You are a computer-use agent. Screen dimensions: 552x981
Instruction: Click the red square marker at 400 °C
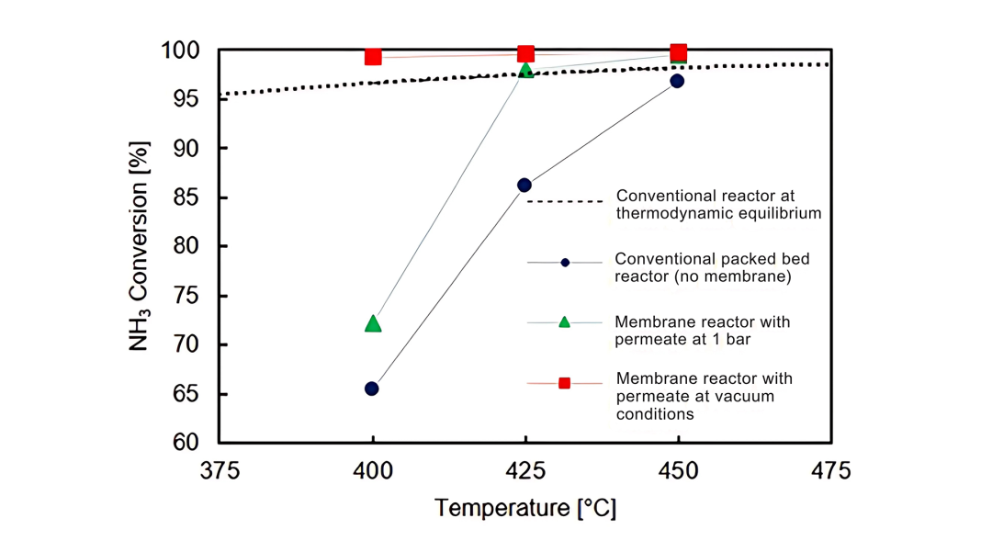(x=373, y=57)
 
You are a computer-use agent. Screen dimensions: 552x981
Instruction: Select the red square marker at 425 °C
(x=525, y=54)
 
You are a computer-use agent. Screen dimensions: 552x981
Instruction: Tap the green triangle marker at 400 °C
(x=373, y=323)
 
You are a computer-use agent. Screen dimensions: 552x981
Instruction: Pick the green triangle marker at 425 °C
(x=525, y=70)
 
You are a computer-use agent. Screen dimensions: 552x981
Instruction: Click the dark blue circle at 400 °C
(x=372, y=389)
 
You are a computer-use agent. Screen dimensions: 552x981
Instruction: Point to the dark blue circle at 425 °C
(x=524, y=186)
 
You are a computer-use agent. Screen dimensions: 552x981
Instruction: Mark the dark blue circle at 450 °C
(x=677, y=81)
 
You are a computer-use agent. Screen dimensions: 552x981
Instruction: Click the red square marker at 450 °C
(x=678, y=52)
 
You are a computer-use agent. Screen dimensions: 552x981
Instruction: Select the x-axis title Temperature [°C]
(x=524, y=508)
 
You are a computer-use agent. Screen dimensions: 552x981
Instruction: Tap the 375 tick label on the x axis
(x=220, y=472)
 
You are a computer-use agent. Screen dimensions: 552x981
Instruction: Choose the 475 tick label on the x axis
(x=830, y=472)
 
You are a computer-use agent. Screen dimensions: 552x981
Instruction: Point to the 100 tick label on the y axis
(x=182, y=51)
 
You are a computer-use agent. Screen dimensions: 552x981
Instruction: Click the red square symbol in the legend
(x=564, y=383)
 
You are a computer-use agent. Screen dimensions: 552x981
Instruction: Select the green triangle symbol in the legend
(x=564, y=322)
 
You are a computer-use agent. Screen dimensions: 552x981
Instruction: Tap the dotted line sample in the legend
(x=564, y=201)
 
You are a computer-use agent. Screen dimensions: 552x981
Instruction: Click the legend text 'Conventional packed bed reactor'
(x=712, y=259)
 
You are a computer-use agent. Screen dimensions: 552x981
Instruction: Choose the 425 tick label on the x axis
(x=524, y=472)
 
